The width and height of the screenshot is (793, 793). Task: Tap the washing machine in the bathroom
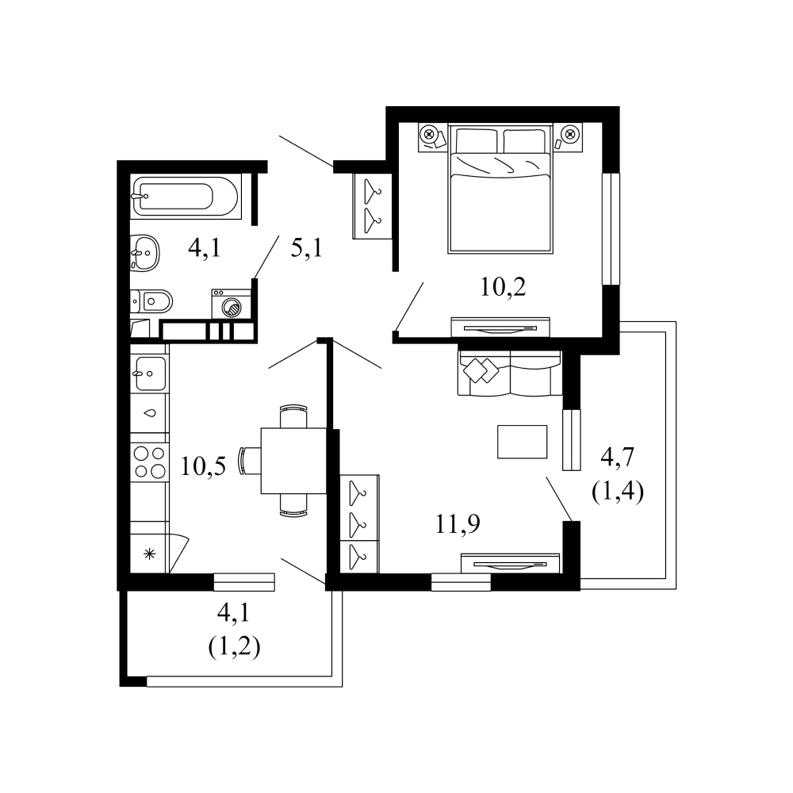[232, 304]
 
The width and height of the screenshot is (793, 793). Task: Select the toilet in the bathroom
[151, 302]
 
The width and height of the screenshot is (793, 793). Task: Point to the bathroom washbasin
[144, 252]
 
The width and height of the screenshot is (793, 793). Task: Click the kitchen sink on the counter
[150, 374]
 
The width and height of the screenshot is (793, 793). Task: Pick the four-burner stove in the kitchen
[150, 462]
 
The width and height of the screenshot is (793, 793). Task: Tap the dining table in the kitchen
[294, 461]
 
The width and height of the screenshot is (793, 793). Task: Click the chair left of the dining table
[249, 461]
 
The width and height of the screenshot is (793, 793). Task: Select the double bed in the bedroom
[500, 189]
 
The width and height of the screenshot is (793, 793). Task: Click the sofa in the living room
[510, 373]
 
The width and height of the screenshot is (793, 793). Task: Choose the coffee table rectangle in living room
[523, 442]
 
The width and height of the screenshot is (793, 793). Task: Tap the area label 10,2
[504, 288]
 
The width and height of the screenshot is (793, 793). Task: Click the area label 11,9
[458, 524]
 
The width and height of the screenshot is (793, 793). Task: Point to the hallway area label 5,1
[306, 247]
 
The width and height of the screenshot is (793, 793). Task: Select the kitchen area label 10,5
[203, 465]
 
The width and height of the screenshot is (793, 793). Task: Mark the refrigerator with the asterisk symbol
[149, 554]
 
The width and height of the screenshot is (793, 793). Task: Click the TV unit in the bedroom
[500, 327]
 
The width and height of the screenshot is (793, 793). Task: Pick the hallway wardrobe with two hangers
[373, 205]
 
